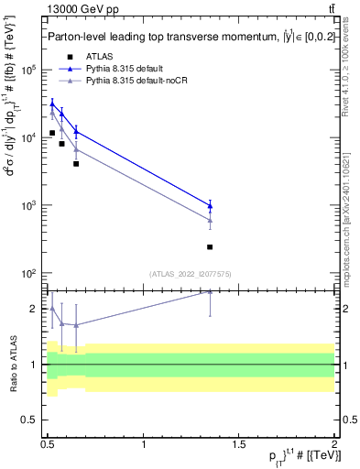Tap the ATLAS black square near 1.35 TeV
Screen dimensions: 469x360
pos(210,247)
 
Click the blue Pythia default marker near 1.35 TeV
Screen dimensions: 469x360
pos(210,205)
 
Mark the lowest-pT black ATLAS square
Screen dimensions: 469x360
pos(52,133)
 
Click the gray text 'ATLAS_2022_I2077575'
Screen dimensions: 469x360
pos(191,273)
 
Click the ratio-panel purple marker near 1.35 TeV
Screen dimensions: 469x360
pos(210,292)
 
